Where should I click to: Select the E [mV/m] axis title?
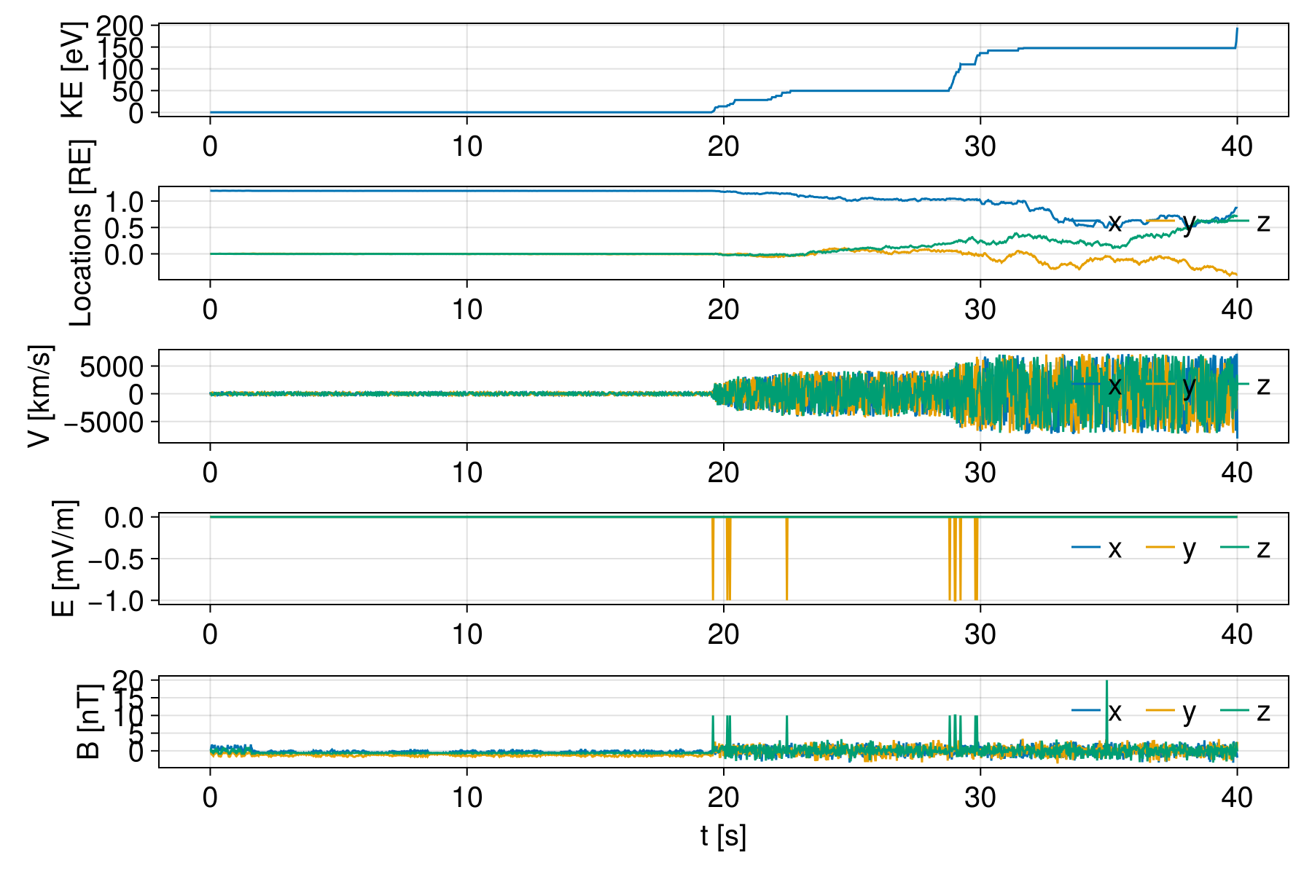point(64,559)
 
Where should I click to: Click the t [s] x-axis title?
point(723,836)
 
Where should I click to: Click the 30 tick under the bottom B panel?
point(980,798)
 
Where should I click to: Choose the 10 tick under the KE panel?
point(466,146)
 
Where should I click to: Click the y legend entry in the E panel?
point(1189,548)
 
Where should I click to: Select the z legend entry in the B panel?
point(1262,712)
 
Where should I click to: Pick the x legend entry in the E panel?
point(1114,548)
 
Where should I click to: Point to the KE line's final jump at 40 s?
point(1237,36)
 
